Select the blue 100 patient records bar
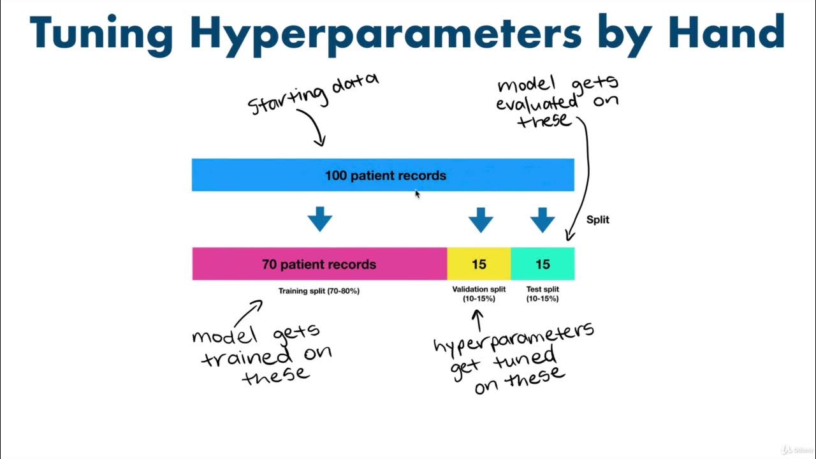coord(382,175)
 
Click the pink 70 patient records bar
coord(319,264)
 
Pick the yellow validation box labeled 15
coord(479,264)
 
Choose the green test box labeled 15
coord(543,264)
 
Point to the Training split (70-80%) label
coord(319,291)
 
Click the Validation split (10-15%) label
coord(479,293)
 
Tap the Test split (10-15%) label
coord(543,293)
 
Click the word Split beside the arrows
coord(598,219)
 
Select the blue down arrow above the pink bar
coord(320,219)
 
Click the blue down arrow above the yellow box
coord(481,219)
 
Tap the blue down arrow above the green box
coord(543,219)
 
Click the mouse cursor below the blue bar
coord(417,194)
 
